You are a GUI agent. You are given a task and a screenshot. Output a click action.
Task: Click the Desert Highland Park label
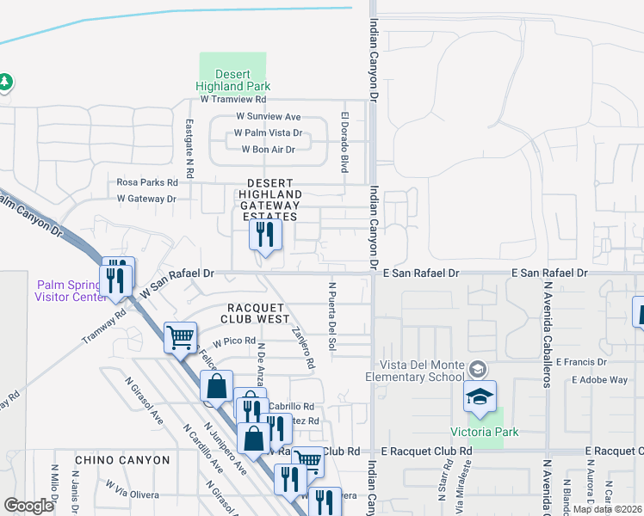[x=232, y=80]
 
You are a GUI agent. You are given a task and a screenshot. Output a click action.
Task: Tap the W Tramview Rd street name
[x=233, y=100]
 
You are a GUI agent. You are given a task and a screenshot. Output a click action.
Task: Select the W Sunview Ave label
[x=269, y=117]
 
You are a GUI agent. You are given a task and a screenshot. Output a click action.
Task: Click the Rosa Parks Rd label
[x=147, y=182]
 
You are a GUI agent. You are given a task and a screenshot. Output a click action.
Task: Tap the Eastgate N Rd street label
[x=190, y=142]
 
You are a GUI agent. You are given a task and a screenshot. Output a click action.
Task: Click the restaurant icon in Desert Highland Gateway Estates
[x=265, y=233]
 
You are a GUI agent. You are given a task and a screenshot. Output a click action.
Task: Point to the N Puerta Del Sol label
[x=331, y=315]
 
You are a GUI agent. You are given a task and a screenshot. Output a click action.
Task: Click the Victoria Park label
[x=484, y=432]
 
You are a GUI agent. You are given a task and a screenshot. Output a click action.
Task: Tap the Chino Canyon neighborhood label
[x=122, y=460]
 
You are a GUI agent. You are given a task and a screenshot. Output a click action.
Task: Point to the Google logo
[x=28, y=505]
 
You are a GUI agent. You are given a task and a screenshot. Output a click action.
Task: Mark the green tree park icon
[x=6, y=82]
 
